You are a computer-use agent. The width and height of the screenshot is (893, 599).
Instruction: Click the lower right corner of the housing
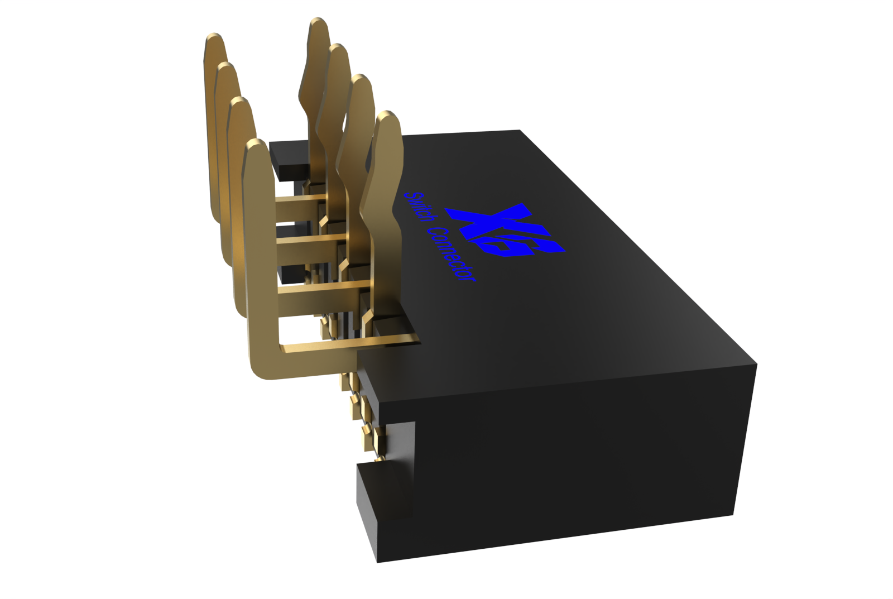point(733,514)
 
